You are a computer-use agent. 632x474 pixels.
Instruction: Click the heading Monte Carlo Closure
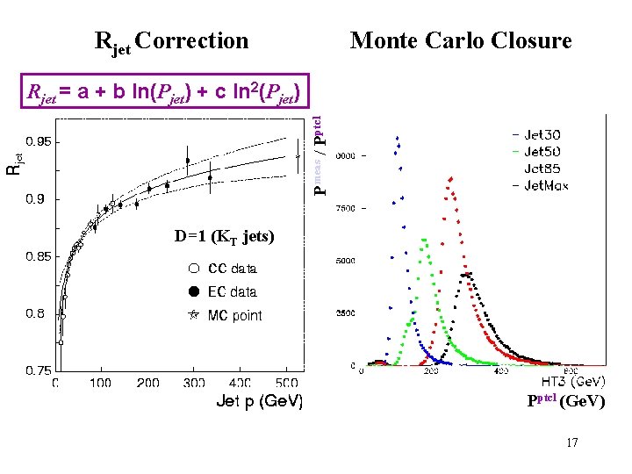461,40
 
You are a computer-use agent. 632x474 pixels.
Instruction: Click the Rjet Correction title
171,41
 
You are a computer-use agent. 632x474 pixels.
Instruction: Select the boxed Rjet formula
165,90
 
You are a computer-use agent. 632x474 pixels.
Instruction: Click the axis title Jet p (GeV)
259,402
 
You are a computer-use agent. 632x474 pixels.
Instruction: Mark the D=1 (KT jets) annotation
224,236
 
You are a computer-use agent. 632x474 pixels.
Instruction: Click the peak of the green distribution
424,239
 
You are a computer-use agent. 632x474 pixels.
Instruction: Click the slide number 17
571,442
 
